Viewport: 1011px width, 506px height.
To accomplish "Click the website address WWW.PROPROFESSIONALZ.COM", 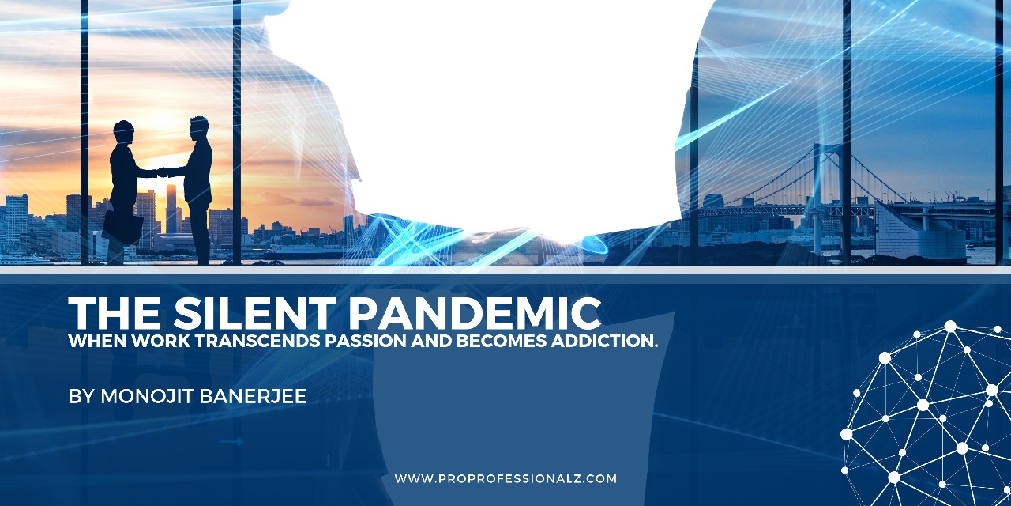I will pos(505,478).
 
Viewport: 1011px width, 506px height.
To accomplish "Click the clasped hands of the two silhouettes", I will pos(163,172).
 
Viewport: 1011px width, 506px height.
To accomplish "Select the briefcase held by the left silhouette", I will pos(122,225).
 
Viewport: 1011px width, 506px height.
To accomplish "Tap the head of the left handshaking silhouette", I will pos(123,131).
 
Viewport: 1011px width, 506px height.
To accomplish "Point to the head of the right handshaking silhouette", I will pos(199,127).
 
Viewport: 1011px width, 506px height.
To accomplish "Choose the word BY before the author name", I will pos(81,396).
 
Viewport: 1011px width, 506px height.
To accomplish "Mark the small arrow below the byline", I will pos(231,442).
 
